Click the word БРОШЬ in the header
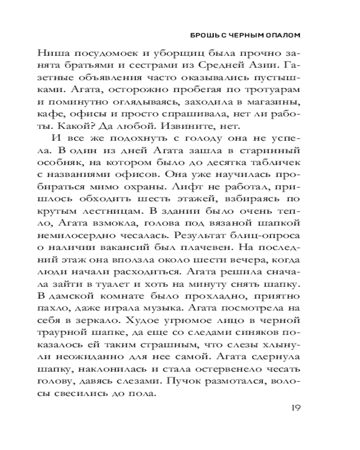point(205,35)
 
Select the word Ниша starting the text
point(66,52)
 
